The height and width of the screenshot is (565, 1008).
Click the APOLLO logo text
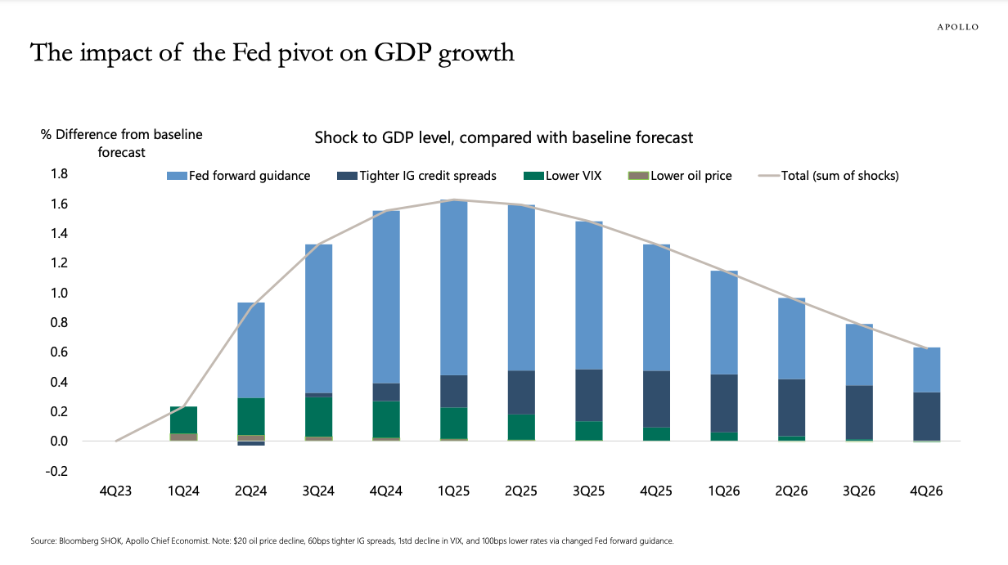pos(957,27)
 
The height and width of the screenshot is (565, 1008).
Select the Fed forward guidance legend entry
pos(238,176)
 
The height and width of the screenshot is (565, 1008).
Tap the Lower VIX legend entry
pos(562,176)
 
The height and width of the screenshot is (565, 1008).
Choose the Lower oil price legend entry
pos(680,176)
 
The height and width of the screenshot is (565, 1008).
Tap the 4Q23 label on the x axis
pos(115,491)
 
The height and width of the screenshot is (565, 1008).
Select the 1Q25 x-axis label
pos(454,491)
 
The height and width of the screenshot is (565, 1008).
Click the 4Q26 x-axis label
pos(927,491)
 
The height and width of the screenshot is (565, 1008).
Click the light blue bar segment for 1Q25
pos(454,286)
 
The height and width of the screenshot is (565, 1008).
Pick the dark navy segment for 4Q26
pos(927,416)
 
